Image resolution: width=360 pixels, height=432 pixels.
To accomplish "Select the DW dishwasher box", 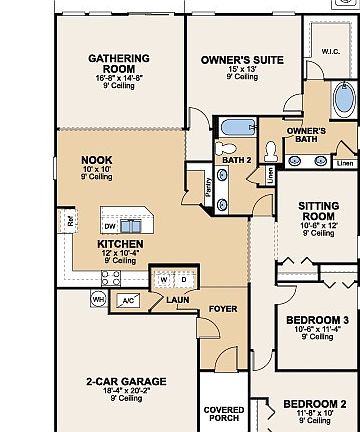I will click(109, 227).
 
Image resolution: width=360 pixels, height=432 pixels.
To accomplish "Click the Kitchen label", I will click(119, 244).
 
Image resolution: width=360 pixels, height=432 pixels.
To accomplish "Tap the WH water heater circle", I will click(98, 298).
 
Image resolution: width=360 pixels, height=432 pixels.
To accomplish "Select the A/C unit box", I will click(127, 300).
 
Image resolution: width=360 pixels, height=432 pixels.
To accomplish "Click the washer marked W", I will click(164, 279).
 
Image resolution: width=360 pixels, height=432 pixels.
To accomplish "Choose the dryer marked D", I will click(183, 279).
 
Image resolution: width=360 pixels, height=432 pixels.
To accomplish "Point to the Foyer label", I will click(222, 309).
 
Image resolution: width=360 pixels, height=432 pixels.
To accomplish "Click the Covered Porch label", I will click(223, 414).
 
